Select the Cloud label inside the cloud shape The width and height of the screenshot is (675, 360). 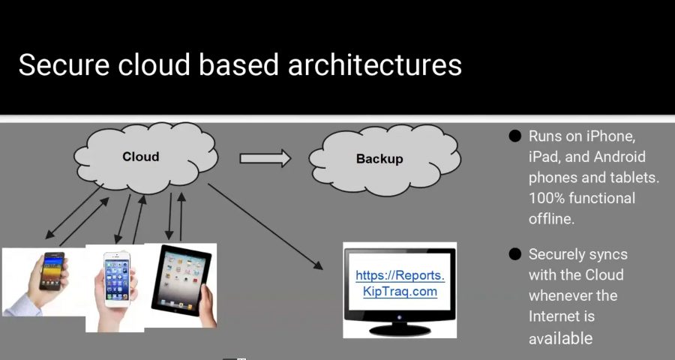pos(141,157)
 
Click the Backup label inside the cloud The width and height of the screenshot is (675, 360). pos(379,159)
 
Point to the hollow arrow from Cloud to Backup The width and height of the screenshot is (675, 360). pos(265,157)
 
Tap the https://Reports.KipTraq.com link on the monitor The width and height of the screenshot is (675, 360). pos(395,283)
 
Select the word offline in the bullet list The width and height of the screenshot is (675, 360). pos(552,218)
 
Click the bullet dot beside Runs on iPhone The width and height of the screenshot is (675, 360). pos(514,136)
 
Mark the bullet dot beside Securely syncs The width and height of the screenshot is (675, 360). pos(514,254)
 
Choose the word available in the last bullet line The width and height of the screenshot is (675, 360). pos(560,338)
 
